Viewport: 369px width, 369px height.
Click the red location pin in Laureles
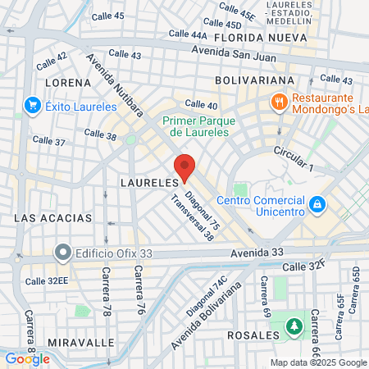pos(184,166)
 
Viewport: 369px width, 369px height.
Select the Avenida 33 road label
pos(256,252)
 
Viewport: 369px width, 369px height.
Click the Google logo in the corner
pos(27,358)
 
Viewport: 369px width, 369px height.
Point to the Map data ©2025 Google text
pos(319,362)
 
